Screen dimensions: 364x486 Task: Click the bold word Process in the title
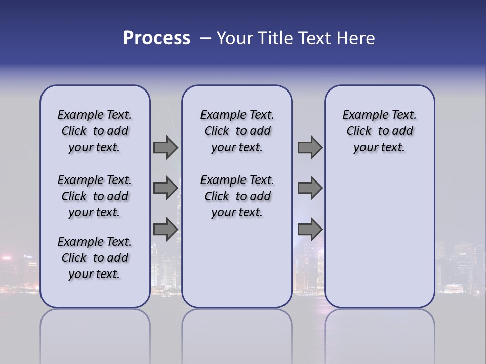156,38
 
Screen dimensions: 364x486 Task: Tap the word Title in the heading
274,38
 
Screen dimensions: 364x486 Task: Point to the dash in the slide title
205,39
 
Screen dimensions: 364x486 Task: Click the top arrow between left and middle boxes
166,148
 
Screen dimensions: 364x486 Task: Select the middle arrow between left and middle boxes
166,188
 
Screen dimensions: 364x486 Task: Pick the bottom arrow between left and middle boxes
166,230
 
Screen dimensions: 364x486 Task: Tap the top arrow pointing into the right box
310,148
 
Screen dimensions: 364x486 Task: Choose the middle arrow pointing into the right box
310,188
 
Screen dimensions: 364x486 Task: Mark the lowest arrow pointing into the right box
310,230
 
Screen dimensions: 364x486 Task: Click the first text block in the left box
95,131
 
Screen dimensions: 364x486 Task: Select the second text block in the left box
95,196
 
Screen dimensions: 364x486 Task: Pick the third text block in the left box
95,258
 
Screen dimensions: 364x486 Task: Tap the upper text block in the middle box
237,131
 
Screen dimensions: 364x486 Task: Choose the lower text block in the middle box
237,196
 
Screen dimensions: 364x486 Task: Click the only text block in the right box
379,131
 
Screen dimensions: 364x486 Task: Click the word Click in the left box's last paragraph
74,258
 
